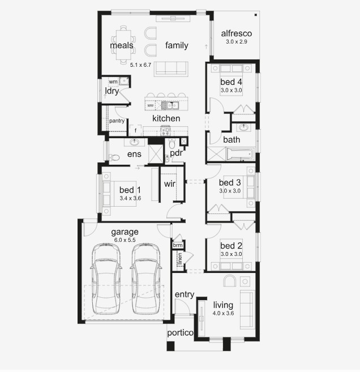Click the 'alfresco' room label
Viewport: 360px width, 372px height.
pyautogui.click(x=236, y=33)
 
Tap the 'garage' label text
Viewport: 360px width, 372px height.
pyautogui.click(x=125, y=232)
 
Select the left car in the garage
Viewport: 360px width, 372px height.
pyautogui.click(x=106, y=279)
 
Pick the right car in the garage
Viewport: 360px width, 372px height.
pyautogui.click(x=146, y=279)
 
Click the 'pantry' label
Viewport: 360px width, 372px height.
pyautogui.click(x=117, y=121)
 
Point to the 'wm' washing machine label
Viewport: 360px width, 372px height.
pyautogui.click(x=113, y=82)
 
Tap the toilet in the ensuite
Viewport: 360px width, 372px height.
pyautogui.click(x=114, y=157)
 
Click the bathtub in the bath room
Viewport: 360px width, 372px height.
pyautogui.click(x=241, y=154)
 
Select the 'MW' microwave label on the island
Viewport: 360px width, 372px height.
pyautogui.click(x=151, y=105)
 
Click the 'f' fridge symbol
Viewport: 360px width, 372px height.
pyautogui.click(x=135, y=130)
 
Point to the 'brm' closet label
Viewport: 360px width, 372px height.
pyautogui.click(x=178, y=245)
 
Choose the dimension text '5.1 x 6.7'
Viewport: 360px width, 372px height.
pyautogui.click(x=140, y=65)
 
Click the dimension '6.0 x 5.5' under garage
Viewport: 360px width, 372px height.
pyautogui.click(x=125, y=240)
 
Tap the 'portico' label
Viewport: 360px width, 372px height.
pyautogui.click(x=180, y=333)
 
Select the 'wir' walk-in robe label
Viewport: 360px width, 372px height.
pyautogui.click(x=170, y=183)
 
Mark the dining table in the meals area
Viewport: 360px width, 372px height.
pyautogui.click(x=123, y=45)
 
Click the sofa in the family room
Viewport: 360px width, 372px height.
pyautogui.click(x=171, y=69)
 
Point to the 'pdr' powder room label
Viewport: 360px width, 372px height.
pyautogui.click(x=176, y=153)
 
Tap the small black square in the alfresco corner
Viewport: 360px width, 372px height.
pyautogui.click(x=256, y=15)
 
